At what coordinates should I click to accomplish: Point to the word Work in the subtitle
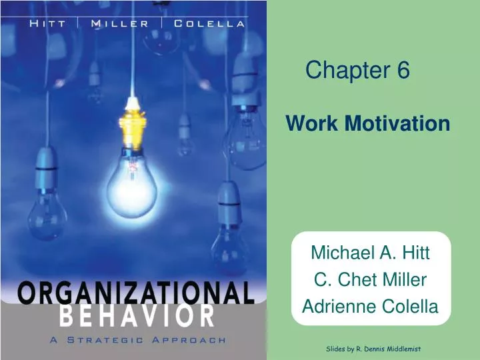[309, 123]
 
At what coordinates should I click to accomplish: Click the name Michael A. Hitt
[370, 253]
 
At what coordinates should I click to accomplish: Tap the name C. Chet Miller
[370, 280]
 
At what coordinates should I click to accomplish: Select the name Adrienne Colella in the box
[370, 307]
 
